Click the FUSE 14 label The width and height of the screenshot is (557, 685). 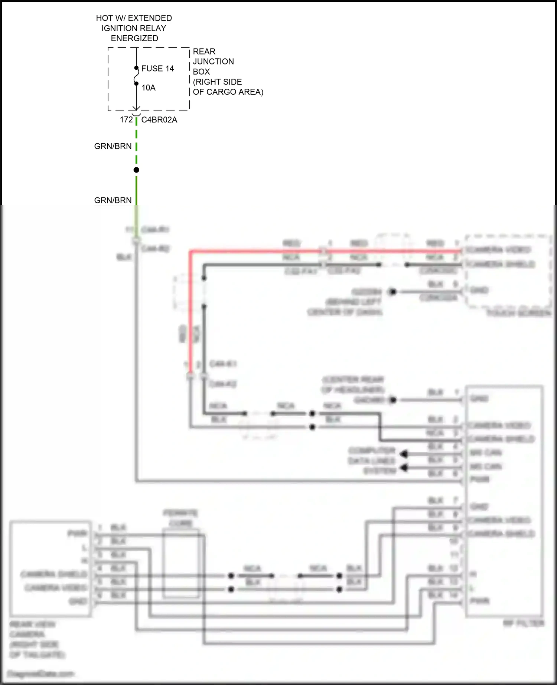coord(157,69)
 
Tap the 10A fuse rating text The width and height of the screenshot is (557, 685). coord(148,88)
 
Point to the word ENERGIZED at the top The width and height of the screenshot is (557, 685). coord(134,38)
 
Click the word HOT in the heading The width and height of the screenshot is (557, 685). coord(104,18)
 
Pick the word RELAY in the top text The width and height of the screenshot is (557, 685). coord(154,28)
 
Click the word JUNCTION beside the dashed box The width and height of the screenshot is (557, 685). coord(213,62)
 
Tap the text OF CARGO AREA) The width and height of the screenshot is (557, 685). coord(228,92)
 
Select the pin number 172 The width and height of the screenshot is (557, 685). coord(126,120)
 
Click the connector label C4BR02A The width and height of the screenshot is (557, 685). coord(159,120)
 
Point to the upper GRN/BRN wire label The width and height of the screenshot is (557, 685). coord(113,146)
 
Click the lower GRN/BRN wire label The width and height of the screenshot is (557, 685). coord(113,200)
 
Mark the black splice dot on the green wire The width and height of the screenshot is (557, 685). coord(136,170)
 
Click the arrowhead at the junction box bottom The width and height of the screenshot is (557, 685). coord(136,108)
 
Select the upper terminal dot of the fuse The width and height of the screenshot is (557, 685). coord(136,68)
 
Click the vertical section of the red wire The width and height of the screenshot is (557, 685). coord(190,315)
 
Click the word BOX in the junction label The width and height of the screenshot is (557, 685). coord(201,72)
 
